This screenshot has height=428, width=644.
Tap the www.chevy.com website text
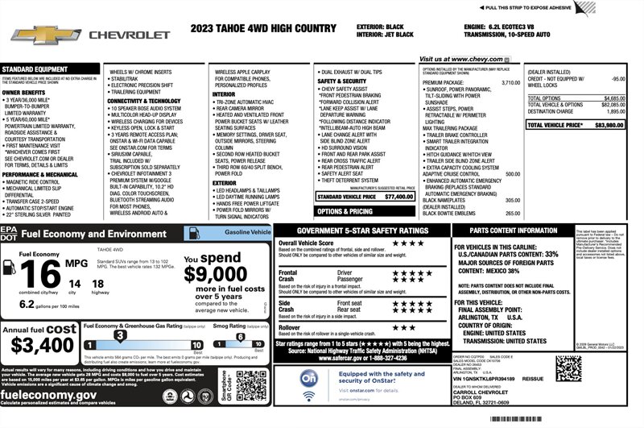click(x=461, y=59)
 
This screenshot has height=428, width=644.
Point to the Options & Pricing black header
click(x=344, y=211)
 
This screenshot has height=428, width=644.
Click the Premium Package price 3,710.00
click(x=510, y=82)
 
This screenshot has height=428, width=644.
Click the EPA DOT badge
click(x=10, y=233)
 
